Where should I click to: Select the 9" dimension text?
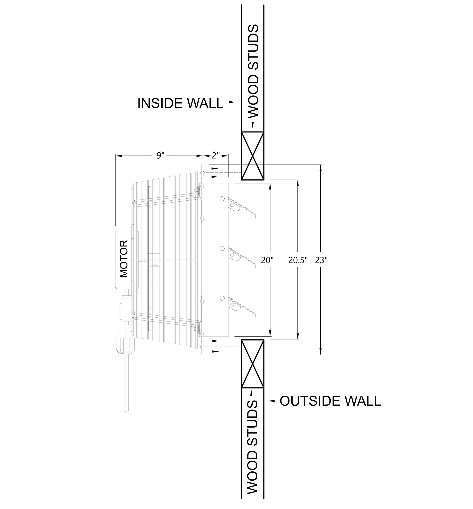[160, 155]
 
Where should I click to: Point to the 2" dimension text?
[216, 155]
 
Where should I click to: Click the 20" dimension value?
[267, 260]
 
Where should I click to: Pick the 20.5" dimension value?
[298, 260]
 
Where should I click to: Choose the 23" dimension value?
[321, 260]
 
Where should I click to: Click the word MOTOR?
[124, 259]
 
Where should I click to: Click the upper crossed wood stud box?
[253, 156]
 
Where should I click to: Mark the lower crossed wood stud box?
[253, 364]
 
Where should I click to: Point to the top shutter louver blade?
[242, 207]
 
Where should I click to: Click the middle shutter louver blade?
[242, 257]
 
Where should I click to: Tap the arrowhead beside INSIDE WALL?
[232, 102]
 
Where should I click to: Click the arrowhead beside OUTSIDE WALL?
[271, 401]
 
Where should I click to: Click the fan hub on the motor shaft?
[154, 260]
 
